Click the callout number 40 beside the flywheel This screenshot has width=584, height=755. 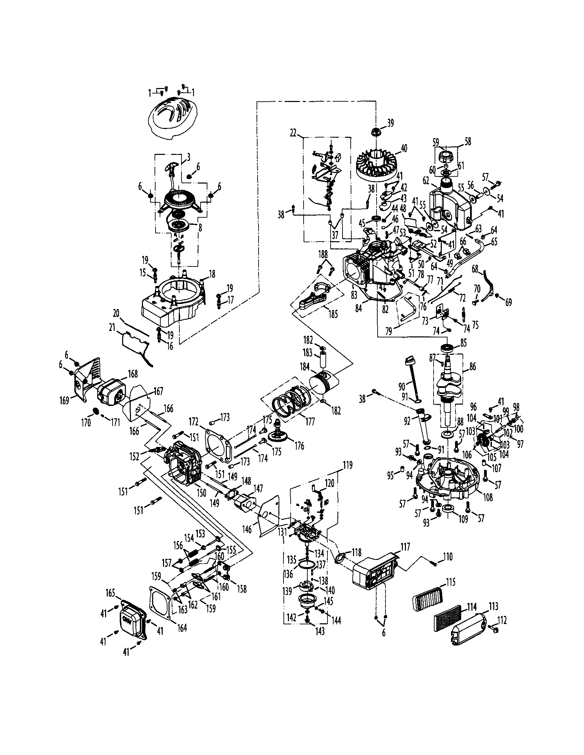[x=404, y=149]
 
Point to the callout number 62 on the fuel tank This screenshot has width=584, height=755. [x=426, y=181]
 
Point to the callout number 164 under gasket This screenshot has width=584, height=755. [x=182, y=627]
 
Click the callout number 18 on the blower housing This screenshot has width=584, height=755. [x=212, y=274]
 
